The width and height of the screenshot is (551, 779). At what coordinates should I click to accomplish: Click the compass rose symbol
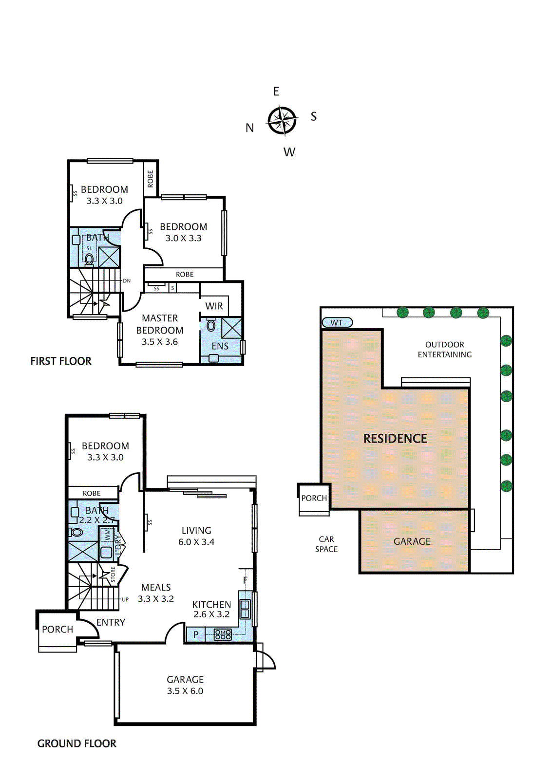click(283, 121)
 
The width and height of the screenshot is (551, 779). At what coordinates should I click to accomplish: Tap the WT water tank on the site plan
click(337, 323)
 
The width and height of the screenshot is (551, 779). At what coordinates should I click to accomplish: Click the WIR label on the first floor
click(214, 306)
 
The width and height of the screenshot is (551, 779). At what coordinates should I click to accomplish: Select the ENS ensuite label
click(220, 346)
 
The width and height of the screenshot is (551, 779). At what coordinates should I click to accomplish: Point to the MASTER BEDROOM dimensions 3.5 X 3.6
click(160, 342)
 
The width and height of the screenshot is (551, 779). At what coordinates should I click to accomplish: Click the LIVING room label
click(196, 530)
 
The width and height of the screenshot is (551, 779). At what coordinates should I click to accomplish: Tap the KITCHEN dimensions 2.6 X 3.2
click(211, 614)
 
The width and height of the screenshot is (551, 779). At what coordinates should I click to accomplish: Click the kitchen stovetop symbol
click(223, 634)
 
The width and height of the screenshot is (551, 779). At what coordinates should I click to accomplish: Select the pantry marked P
click(196, 634)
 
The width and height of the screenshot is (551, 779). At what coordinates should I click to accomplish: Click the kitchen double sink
click(245, 609)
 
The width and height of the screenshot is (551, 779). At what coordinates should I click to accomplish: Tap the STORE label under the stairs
click(113, 575)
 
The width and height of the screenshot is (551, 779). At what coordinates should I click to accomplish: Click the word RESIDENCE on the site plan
click(395, 439)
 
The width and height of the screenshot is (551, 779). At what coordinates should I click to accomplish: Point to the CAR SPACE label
click(326, 544)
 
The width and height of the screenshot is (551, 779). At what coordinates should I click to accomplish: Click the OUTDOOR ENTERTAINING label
click(444, 350)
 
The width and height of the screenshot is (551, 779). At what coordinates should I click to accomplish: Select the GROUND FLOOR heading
click(76, 743)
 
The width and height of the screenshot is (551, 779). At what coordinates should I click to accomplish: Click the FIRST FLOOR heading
click(61, 361)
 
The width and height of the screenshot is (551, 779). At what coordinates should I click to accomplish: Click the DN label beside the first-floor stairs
click(127, 280)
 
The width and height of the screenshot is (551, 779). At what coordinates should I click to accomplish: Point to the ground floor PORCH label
click(57, 630)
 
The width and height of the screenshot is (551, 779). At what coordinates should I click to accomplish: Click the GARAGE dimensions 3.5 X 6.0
click(185, 691)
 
